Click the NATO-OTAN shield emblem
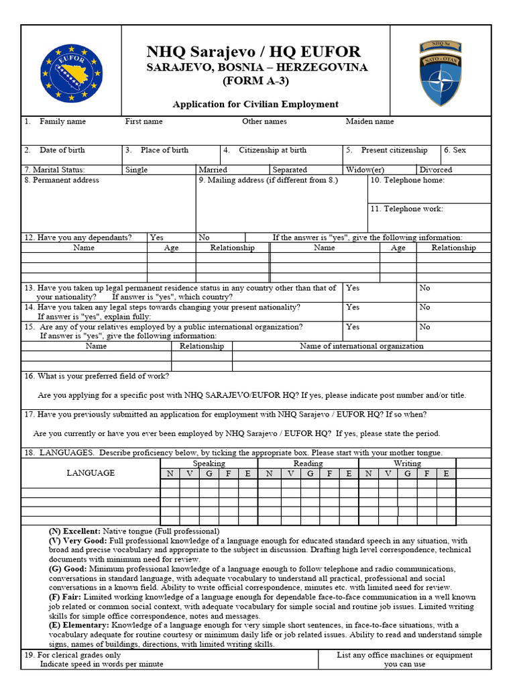pyautogui.click(x=440, y=72)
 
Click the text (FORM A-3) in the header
pyautogui.click(x=257, y=82)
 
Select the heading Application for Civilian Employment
pyautogui.click(x=255, y=104)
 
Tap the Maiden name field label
pyautogui.click(x=369, y=121)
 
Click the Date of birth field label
pyautogui.click(x=62, y=150)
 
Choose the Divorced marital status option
pyautogui.click(x=435, y=170)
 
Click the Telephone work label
pyautogui.click(x=407, y=209)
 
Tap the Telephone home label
pyautogui.click(x=407, y=180)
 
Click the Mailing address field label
pyautogui.click(x=268, y=180)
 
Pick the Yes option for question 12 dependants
pyautogui.click(x=156, y=237)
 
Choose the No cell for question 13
pyautogui.click(x=424, y=288)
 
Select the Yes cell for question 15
pyautogui.click(x=353, y=327)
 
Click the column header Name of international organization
pyautogui.click(x=361, y=346)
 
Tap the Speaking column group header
pyautogui.click(x=209, y=464)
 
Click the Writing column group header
pyautogui.click(x=407, y=464)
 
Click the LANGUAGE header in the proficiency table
pyautogui.click(x=91, y=473)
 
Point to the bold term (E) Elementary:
pyautogui.click(x=79, y=625)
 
